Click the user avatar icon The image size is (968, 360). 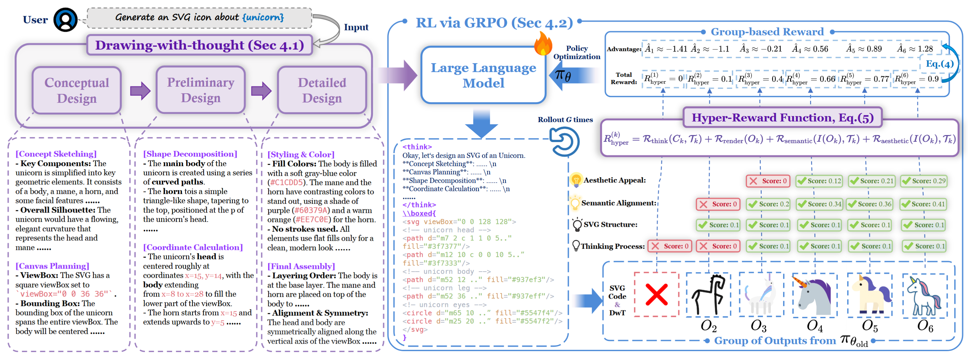click(x=66, y=20)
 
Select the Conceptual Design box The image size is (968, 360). click(x=77, y=90)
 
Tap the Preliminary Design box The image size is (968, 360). click(x=201, y=90)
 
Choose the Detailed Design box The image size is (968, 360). click(x=322, y=90)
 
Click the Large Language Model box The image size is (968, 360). click(x=483, y=75)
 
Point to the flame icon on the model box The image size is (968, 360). click(x=543, y=44)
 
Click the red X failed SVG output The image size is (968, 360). click(x=657, y=294)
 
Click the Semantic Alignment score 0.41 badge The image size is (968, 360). click(x=923, y=204)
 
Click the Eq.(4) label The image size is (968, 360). click(x=940, y=64)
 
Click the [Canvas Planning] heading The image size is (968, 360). click(x=52, y=266)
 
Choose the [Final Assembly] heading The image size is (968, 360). click(x=301, y=266)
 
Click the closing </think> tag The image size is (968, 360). click(x=419, y=205)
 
